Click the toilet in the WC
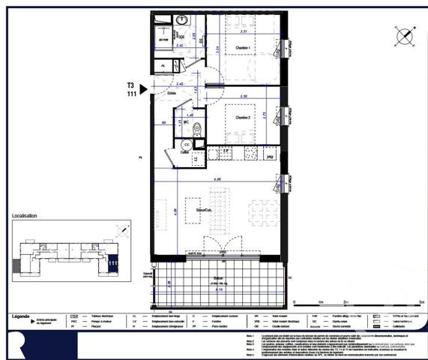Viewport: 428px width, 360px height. point(197,128)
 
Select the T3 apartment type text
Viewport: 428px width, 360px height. point(132,84)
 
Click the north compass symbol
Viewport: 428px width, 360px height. point(404,35)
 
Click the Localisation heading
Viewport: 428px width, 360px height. point(24,216)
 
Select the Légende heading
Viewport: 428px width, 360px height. point(21,316)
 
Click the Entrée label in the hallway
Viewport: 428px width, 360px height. point(181,93)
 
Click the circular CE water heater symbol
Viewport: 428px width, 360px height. point(186,144)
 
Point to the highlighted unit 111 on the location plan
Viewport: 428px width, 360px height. point(112,262)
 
